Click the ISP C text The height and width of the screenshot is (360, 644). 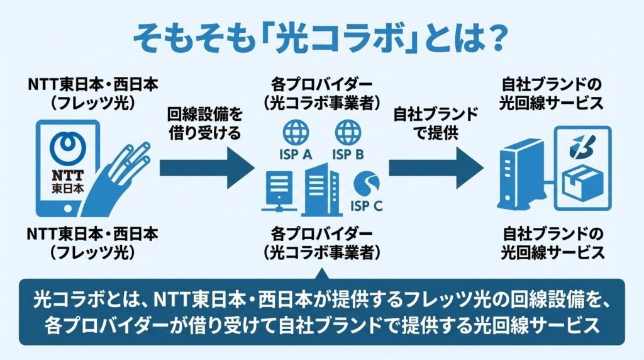tap(366, 205)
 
